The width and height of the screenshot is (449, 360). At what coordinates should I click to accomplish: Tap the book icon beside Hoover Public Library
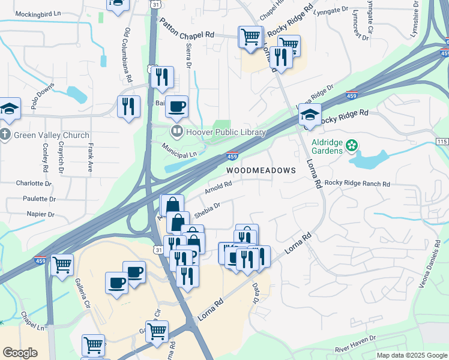(176, 131)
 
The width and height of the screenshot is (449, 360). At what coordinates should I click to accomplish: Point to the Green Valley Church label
(51, 135)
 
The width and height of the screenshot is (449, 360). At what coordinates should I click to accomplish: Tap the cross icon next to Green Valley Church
(5, 135)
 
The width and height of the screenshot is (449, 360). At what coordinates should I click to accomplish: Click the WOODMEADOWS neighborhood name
(261, 170)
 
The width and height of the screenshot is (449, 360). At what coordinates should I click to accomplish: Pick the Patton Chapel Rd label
(187, 28)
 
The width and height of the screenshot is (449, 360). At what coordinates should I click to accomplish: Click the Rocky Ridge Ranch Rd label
(357, 183)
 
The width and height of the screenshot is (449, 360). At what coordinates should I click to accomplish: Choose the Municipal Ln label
(179, 151)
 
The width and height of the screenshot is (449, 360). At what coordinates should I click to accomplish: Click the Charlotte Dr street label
(34, 183)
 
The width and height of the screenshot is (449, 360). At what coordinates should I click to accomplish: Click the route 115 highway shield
(442, 141)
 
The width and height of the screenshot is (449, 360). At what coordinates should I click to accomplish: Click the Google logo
(20, 352)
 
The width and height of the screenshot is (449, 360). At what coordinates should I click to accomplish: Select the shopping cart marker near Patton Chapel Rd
(250, 36)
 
